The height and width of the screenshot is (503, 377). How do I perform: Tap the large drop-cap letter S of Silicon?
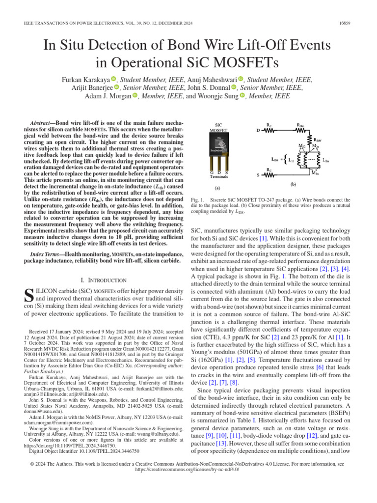pos(28,296)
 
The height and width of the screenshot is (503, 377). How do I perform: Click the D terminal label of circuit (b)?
pos(258,131)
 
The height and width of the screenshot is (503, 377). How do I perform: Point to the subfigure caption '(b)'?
pos(293,185)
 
